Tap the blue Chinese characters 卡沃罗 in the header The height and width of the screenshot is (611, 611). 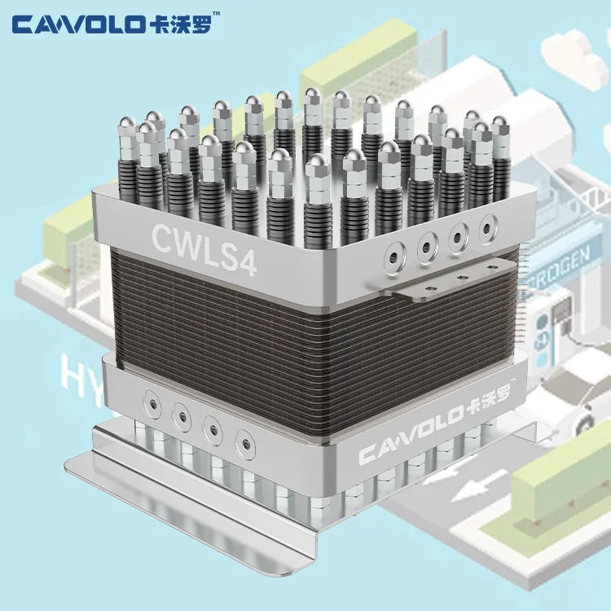pos(174,25)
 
